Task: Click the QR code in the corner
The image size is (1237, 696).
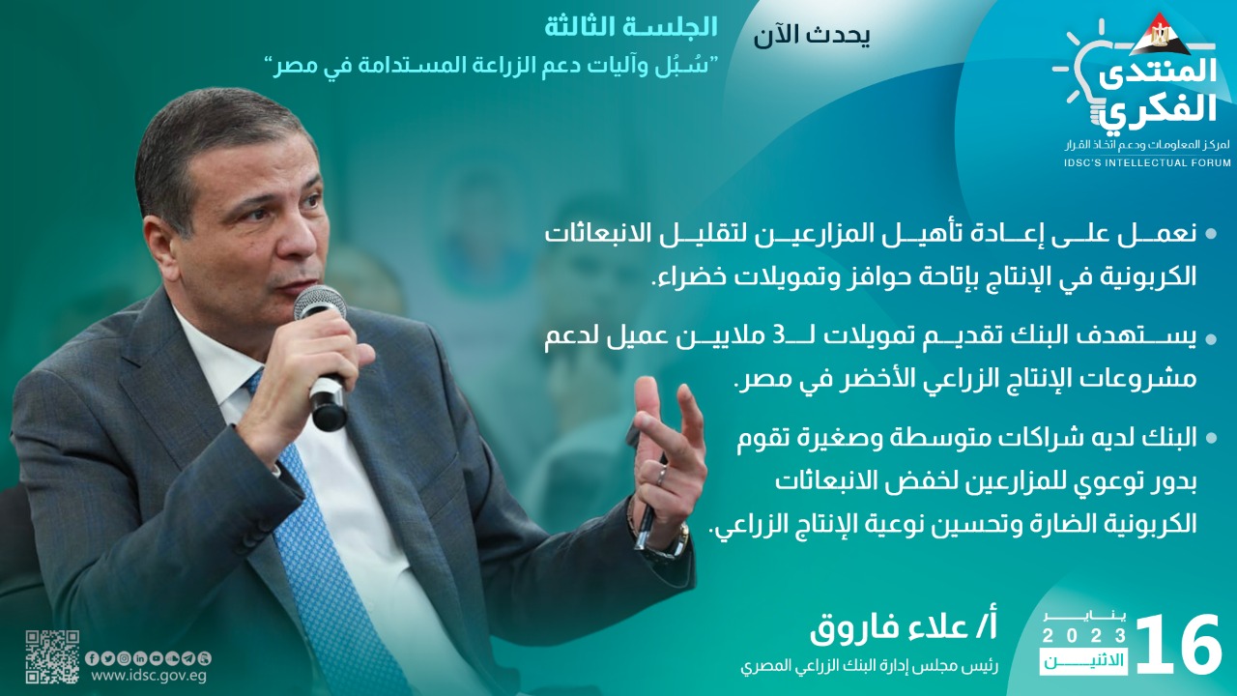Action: click(x=52, y=656)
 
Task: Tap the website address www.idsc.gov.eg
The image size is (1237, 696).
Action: click(x=149, y=676)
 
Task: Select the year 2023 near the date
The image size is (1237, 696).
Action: click(x=1084, y=636)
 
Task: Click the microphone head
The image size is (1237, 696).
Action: click(x=319, y=304)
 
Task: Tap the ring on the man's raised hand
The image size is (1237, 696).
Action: click(x=660, y=474)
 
